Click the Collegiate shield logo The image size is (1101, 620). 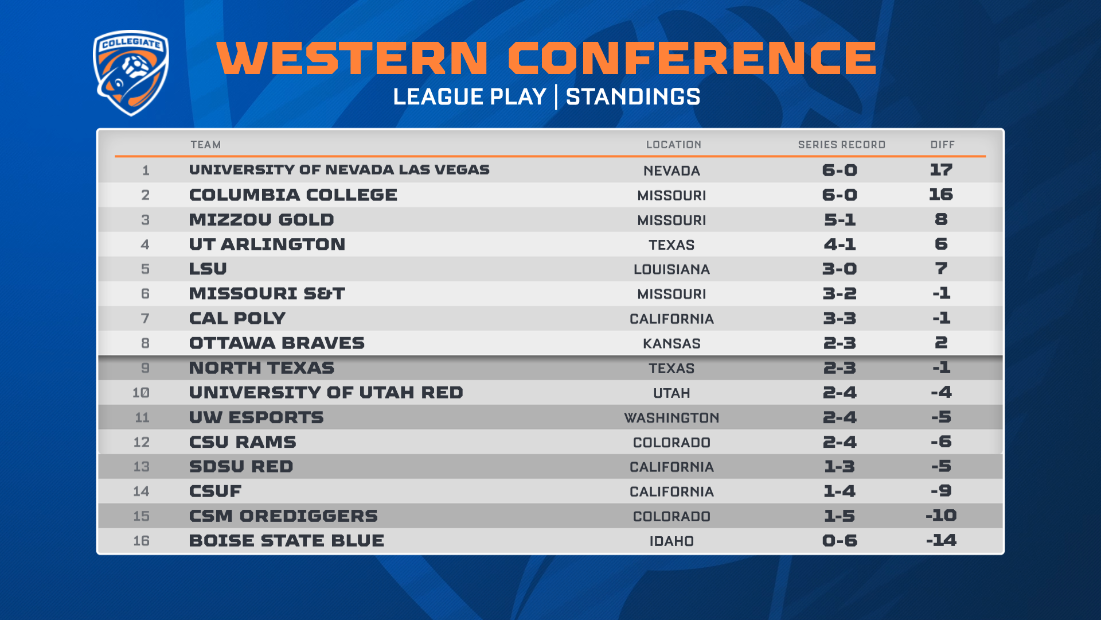[131, 72]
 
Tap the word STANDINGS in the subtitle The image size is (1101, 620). [633, 96]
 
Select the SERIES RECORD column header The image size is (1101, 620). [842, 145]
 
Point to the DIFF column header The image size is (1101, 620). [943, 145]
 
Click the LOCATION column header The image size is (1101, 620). [674, 145]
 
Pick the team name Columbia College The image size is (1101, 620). [293, 195]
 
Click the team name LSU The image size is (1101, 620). [208, 269]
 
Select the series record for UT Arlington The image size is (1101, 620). [840, 244]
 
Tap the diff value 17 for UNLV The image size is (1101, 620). [941, 169]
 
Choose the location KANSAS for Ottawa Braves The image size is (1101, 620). [671, 343]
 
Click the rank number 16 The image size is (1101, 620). [141, 541]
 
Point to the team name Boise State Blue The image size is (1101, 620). [287, 540]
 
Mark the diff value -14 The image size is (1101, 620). [941, 540]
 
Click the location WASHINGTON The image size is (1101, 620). [671, 417]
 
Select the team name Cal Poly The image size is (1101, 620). [237, 318]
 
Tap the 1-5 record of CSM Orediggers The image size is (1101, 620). [840, 516]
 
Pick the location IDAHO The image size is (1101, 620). [671, 541]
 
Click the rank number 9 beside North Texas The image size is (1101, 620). [145, 368]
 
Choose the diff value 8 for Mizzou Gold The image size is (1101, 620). [941, 219]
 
